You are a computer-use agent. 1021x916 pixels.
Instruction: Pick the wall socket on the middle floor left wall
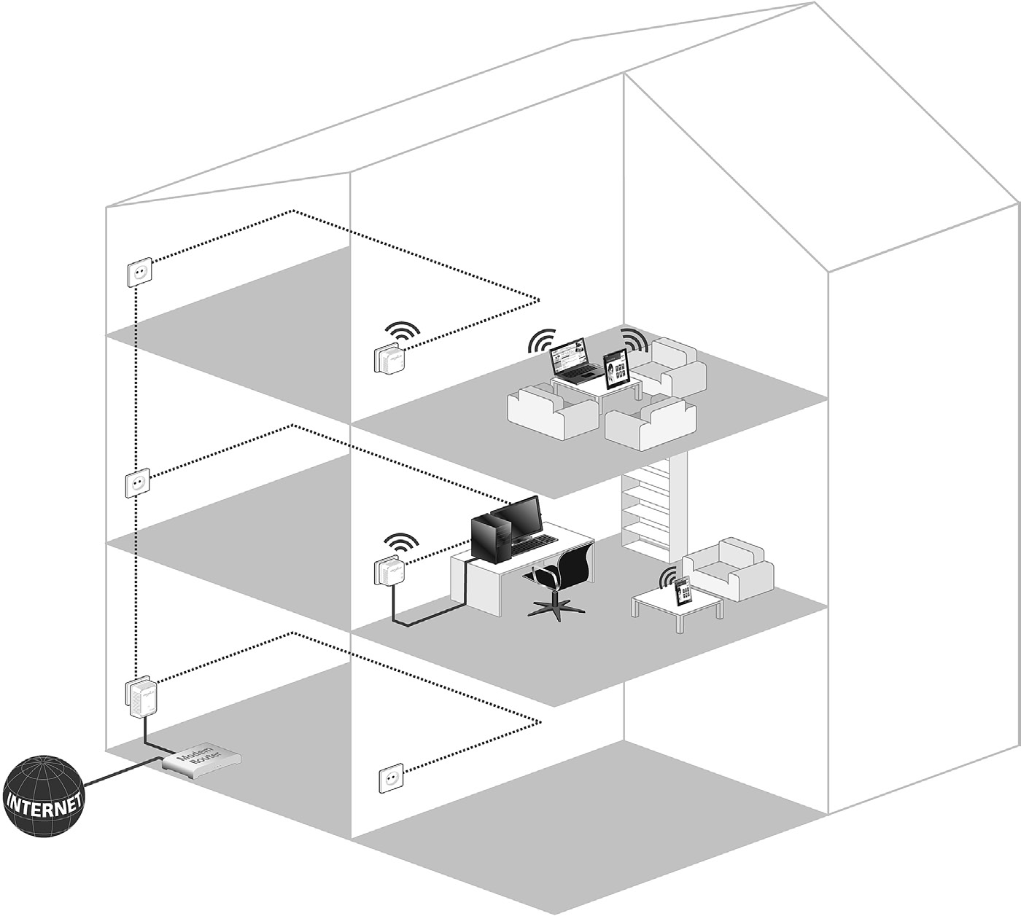pyautogui.click(x=138, y=482)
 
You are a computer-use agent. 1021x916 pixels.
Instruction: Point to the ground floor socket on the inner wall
pyautogui.click(x=391, y=778)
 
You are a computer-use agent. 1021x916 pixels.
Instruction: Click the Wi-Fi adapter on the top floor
pyautogui.click(x=389, y=360)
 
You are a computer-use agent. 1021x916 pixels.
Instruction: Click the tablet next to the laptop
pyautogui.click(x=617, y=369)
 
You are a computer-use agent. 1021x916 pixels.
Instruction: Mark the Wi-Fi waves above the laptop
pyautogui.click(x=543, y=339)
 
